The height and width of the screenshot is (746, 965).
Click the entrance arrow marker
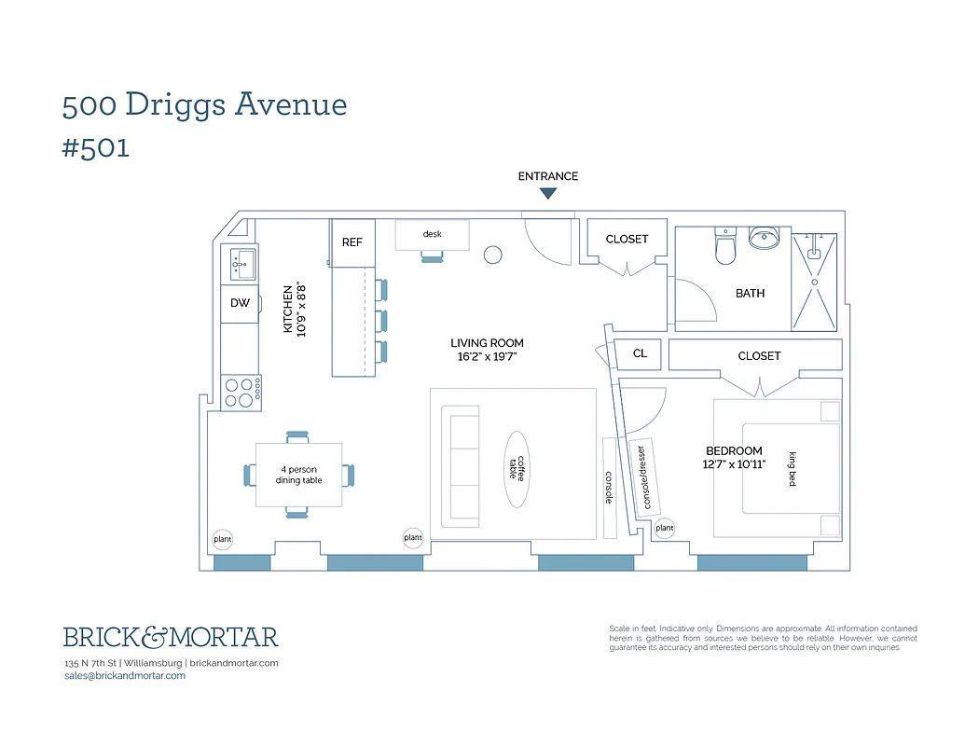click(548, 193)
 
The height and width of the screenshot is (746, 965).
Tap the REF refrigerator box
click(352, 242)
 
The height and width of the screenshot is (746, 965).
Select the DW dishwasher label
click(240, 303)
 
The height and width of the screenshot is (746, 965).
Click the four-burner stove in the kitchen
click(241, 393)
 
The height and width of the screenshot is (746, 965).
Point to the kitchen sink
click(241, 264)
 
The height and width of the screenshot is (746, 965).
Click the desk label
click(432, 234)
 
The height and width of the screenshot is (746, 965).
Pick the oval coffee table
click(517, 468)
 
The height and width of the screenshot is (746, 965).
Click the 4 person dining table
click(298, 475)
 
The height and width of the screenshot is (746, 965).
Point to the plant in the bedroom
click(664, 529)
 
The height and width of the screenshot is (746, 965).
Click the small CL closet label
click(640, 354)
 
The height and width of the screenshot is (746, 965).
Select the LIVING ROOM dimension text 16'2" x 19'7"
click(487, 356)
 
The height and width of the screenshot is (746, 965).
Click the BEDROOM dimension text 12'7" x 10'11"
click(734, 464)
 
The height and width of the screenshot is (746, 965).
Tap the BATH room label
click(750, 293)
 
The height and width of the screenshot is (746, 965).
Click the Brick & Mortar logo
click(171, 638)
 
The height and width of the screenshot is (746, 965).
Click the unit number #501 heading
click(96, 148)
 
